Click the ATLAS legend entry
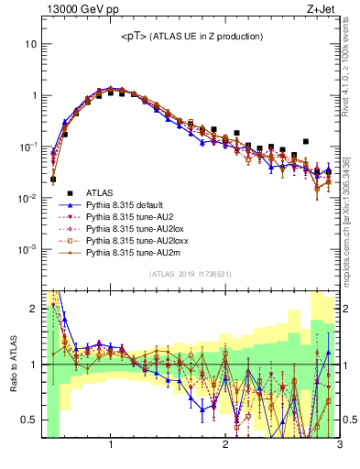coord(102,192)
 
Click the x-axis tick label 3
coord(338,445)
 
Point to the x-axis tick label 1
coord(111,445)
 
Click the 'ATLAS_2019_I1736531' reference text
coord(190,275)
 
